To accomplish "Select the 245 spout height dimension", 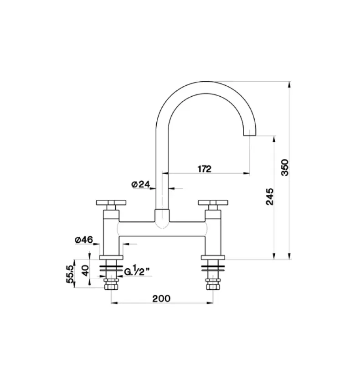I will (x=270, y=196).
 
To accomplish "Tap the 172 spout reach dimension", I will (x=205, y=168).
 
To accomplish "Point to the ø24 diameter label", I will (x=141, y=184).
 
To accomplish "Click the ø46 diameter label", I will (x=84, y=240).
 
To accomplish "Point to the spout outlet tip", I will (x=251, y=134).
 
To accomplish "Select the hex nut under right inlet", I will (x=213, y=286).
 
